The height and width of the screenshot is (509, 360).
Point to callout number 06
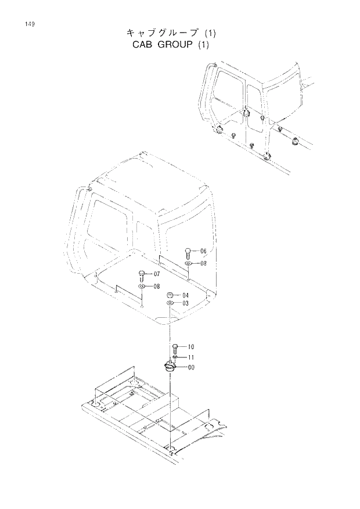point(203,252)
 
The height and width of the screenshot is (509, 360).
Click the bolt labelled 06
point(188,253)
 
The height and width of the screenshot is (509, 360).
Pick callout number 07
point(157,274)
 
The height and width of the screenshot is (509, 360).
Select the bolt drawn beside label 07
point(142,274)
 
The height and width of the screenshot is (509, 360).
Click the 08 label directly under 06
point(203,263)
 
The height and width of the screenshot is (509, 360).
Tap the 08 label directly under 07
point(157,286)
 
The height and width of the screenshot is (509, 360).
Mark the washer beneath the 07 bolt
point(142,286)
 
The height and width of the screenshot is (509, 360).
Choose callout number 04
point(186,295)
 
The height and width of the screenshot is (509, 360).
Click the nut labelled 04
point(170,295)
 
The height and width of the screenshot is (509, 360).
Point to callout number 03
point(186,303)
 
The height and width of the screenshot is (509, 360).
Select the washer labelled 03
point(170,303)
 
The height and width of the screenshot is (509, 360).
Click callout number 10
point(190,347)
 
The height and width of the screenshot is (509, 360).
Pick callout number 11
point(190,357)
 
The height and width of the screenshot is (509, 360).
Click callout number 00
point(190,367)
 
